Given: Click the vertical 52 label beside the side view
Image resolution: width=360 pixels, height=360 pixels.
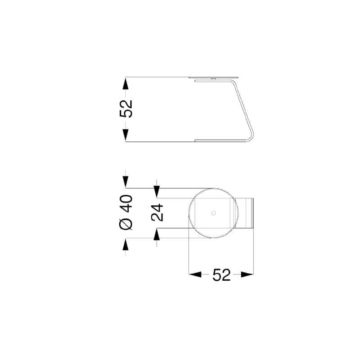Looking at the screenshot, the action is (126, 109).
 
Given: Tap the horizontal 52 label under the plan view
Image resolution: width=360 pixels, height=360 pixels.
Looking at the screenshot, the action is (221, 275).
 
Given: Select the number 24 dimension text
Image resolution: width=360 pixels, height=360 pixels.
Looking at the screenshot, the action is (157, 212).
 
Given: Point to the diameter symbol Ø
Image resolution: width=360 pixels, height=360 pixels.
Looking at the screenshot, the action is (126, 224).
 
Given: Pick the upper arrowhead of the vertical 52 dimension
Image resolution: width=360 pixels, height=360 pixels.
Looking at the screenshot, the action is (126, 83).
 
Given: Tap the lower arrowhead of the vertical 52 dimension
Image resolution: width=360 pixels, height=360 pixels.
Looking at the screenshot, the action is (126, 135).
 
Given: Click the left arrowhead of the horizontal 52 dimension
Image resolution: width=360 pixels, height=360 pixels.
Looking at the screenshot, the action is (195, 274).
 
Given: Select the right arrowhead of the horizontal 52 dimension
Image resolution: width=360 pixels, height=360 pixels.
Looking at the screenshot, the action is (247, 274).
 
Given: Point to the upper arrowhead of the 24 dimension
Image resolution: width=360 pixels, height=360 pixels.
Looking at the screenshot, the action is (157, 192).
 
